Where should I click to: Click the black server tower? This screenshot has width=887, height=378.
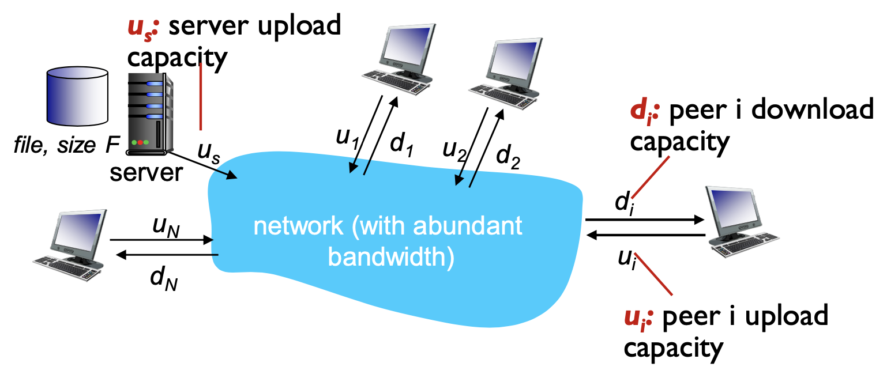point(149,112)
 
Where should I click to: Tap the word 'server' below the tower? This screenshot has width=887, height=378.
point(146,171)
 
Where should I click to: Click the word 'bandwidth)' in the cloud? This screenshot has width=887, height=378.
point(390,257)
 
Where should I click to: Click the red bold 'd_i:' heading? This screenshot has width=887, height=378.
point(646,109)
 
